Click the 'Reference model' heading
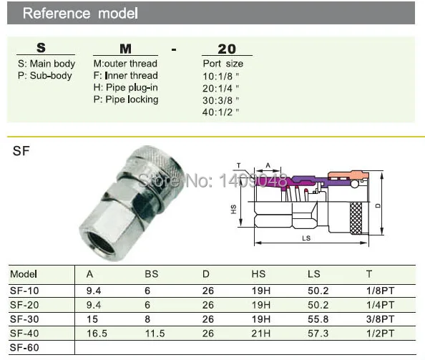[x=80, y=14]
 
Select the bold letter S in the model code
[x=41, y=48]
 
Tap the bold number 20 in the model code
[x=227, y=49]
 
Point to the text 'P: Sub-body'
[x=45, y=76]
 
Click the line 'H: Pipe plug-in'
[x=125, y=87]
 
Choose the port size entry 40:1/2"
[x=220, y=112]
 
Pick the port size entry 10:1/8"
[x=220, y=77]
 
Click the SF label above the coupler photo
[x=21, y=151]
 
